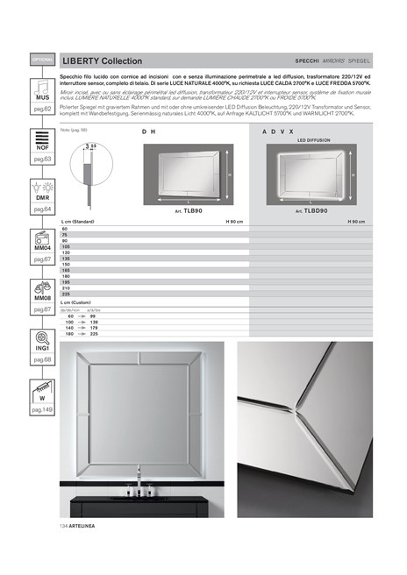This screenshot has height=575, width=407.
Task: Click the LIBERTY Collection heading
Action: [x=103, y=61]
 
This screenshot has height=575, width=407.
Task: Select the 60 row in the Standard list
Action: [x=64, y=228]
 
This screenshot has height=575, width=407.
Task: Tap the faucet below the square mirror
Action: [x=139, y=479]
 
